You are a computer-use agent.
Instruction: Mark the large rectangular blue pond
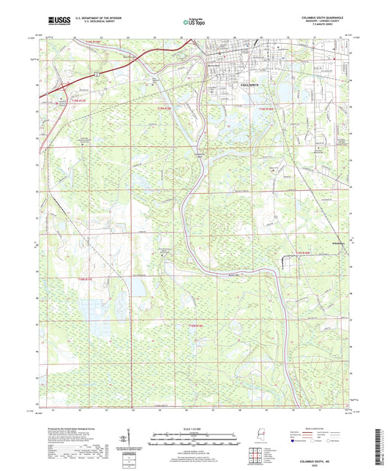click(138, 285)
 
